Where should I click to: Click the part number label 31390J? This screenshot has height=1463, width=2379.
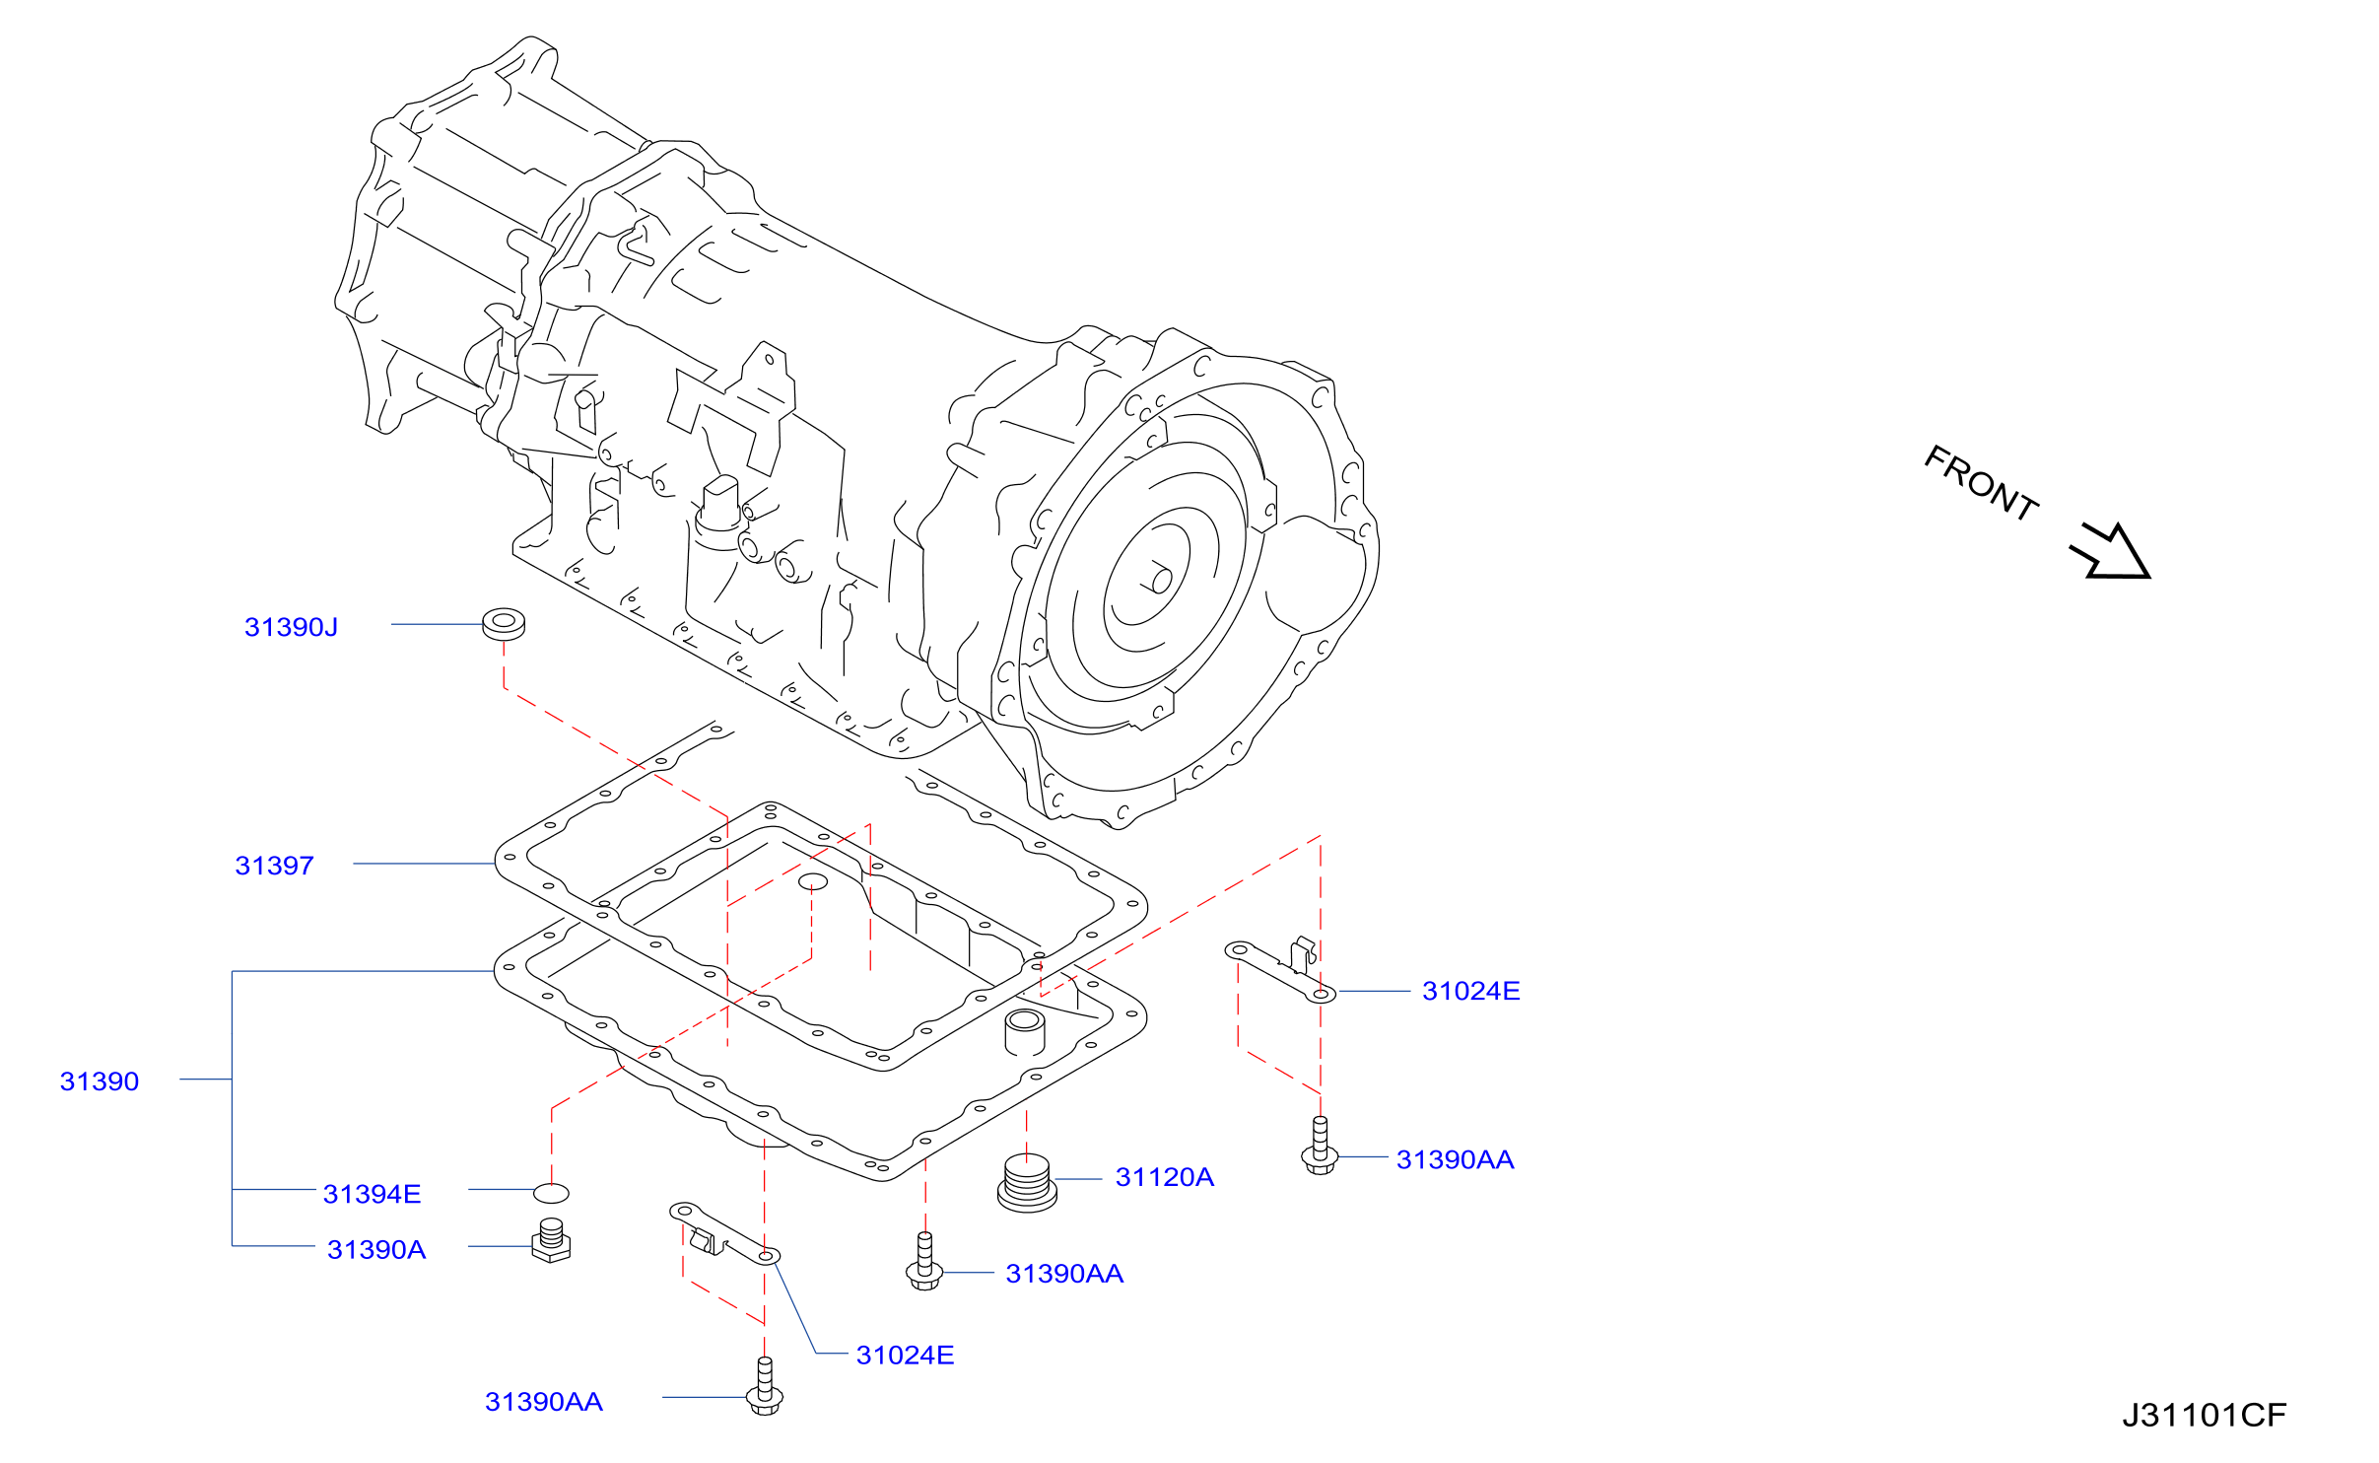(x=291, y=627)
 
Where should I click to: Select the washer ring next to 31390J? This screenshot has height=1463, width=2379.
(x=504, y=625)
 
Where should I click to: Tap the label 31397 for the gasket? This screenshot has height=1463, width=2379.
(x=274, y=866)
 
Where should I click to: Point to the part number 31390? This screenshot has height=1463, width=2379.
(x=100, y=1081)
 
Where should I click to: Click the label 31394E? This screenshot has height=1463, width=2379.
(x=372, y=1194)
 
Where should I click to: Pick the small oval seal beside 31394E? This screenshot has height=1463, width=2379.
(x=552, y=1194)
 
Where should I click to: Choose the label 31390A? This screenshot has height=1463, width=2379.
(x=376, y=1250)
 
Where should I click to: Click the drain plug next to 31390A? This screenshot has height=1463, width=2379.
(x=551, y=1241)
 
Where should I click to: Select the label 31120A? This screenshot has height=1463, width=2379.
(x=1165, y=1177)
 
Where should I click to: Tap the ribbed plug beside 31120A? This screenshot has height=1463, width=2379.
(x=1027, y=1183)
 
